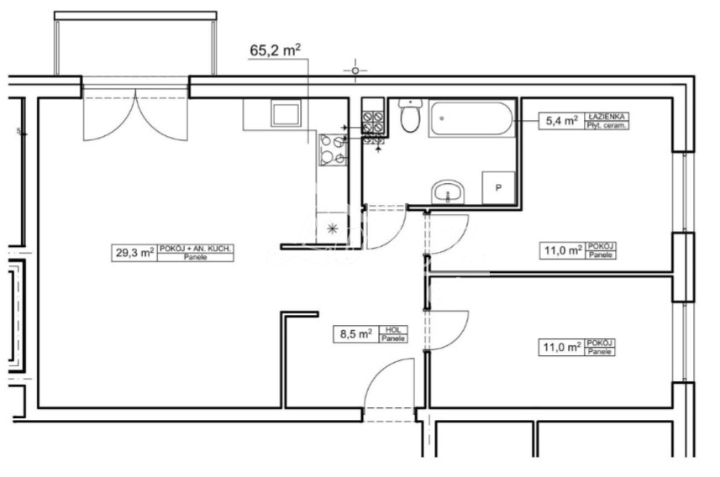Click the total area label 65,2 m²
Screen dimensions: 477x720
276,50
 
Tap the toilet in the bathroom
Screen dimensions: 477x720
410,118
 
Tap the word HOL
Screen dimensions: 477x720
392,329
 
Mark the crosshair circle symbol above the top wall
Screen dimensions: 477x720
355,71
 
